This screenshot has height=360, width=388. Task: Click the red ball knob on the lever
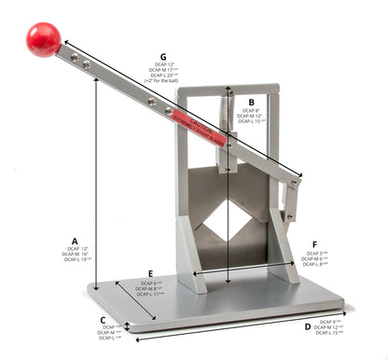coord(43,39)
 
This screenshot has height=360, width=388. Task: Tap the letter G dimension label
coord(164,57)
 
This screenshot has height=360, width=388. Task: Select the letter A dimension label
coord(75,239)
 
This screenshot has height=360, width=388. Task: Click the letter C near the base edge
coord(104,318)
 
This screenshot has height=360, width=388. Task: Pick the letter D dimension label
coord(308,326)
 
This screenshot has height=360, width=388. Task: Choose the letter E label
coord(151,274)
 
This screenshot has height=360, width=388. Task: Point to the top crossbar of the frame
coord(228,90)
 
